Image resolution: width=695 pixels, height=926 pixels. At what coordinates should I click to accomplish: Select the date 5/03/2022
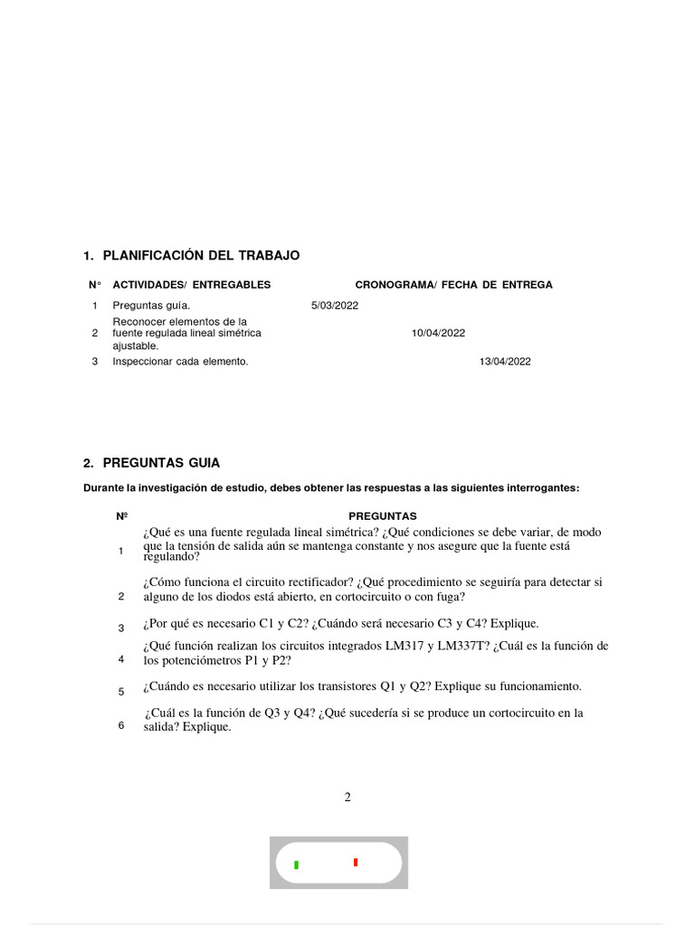335,306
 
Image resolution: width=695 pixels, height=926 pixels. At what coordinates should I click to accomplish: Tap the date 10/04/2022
438,333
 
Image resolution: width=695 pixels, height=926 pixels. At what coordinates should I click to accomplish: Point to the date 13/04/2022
505,362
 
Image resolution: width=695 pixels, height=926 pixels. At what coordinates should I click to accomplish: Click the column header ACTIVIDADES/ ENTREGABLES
191,285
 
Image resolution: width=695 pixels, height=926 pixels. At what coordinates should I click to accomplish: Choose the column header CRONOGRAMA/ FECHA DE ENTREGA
453,285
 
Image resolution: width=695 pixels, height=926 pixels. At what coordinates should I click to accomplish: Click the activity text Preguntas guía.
151,306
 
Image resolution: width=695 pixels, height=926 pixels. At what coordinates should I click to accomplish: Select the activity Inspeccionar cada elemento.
180,362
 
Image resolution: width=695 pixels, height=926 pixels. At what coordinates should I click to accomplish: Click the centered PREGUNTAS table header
382,516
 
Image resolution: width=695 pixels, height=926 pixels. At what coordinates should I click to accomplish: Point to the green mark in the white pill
296,865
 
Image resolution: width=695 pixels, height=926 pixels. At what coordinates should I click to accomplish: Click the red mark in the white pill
356,863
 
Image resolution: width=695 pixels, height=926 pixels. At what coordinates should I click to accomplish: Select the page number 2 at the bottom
347,798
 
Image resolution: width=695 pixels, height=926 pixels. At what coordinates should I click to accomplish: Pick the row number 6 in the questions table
121,725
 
